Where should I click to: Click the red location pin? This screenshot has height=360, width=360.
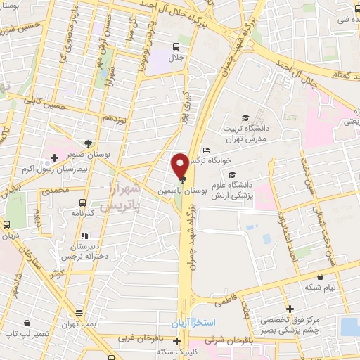tap(180, 165)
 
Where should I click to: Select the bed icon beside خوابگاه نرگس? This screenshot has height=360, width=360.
tap(205, 150)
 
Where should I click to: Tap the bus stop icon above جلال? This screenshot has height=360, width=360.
tap(176, 46)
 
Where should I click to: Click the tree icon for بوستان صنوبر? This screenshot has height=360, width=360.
tap(88, 141)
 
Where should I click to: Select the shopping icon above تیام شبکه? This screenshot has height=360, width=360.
tap(321, 276)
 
